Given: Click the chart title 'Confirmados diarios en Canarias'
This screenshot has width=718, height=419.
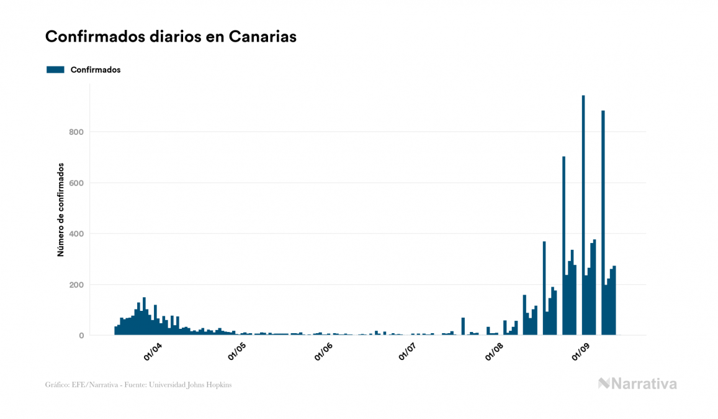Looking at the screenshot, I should pyautogui.click(x=171, y=37).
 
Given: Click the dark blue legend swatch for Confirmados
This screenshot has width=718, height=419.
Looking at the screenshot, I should pyautogui.click(x=55, y=70).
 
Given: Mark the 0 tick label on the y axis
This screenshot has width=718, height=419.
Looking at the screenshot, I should pyautogui.click(x=81, y=336).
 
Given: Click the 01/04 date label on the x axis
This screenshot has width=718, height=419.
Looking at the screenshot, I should pyautogui.click(x=153, y=352).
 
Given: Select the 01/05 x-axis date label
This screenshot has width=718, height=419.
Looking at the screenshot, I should pyautogui.click(x=238, y=352).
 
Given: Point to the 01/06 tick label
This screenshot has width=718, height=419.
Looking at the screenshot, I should pyautogui.click(x=323, y=352).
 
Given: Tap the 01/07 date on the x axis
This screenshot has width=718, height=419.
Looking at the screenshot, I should pyautogui.click(x=407, y=352).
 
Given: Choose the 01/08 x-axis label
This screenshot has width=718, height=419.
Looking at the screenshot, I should pyautogui.click(x=494, y=352).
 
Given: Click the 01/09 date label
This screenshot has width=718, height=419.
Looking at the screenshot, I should pyautogui.click(x=580, y=352).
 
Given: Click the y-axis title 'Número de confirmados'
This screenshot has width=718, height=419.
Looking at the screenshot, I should pyautogui.click(x=61, y=209).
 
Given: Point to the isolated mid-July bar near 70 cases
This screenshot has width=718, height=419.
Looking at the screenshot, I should pyautogui.click(x=463, y=326).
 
